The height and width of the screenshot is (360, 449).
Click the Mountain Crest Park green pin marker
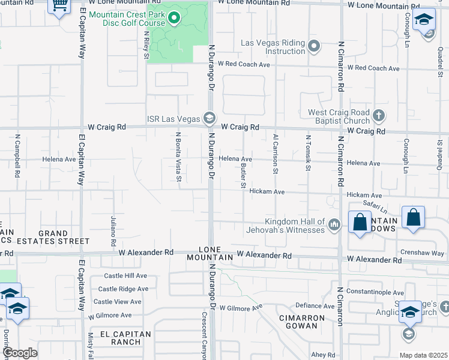click(174, 19)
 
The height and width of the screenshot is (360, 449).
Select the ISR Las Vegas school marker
click(209, 118)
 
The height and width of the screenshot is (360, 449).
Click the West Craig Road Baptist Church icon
click(378, 115)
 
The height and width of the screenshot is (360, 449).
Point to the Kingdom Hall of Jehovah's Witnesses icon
click(334, 226)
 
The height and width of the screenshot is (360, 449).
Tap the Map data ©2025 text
click(423, 355)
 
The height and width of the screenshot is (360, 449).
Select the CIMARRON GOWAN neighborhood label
click(301, 321)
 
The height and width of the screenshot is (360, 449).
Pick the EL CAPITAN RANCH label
click(121, 338)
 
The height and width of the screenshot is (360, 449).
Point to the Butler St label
click(243, 175)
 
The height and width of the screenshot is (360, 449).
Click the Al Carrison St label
click(276, 154)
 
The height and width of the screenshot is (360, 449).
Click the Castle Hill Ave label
click(125, 275)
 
